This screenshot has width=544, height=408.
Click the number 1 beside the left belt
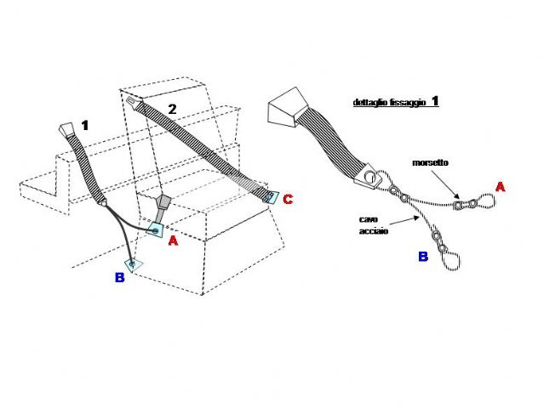click(85, 125)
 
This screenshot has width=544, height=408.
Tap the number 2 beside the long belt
click(172, 109)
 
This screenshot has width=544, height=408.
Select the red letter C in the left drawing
click(288, 199)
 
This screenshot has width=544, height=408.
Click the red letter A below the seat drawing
click(173, 241)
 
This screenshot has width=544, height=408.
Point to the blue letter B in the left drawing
click(119, 277)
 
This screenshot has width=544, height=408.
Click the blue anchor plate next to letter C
click(270, 197)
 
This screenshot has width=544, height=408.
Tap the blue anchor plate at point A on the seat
click(155, 230)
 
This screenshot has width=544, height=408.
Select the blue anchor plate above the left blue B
click(133, 264)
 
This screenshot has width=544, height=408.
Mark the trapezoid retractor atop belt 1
click(66, 129)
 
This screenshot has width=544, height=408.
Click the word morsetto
click(430, 162)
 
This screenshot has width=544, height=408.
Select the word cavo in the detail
click(368, 219)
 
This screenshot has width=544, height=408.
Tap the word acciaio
click(373, 231)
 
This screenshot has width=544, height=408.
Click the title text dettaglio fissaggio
click(389, 103)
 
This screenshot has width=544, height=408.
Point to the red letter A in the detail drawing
click(500, 187)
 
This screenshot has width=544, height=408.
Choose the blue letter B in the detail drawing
click(423, 257)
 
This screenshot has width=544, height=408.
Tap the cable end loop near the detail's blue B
click(451, 261)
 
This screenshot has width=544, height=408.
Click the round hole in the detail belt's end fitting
click(371, 178)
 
